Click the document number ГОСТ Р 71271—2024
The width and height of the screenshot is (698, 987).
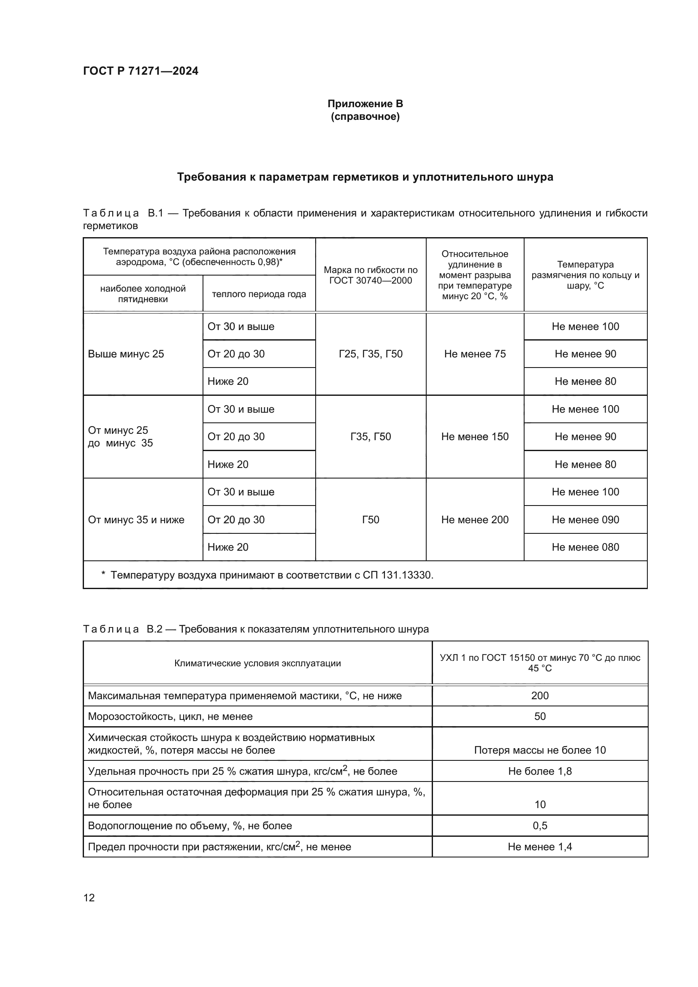[x=141, y=71]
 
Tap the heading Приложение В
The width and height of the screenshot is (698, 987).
[x=365, y=104]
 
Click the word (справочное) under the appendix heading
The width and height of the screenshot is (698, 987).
[x=365, y=117]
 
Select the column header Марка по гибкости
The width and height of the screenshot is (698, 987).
[x=371, y=275]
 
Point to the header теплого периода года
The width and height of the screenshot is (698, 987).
[x=259, y=294]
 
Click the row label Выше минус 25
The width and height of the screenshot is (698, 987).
[x=126, y=354]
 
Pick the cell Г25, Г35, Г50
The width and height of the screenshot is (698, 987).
[x=371, y=354]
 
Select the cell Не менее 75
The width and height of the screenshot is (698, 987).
[x=474, y=354]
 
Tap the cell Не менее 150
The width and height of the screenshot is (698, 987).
[x=474, y=437]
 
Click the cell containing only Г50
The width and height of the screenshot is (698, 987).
[x=371, y=520]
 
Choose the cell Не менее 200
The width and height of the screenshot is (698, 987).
[x=474, y=520]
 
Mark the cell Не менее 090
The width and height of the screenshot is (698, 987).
[x=585, y=520]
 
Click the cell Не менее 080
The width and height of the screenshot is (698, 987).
[x=585, y=547]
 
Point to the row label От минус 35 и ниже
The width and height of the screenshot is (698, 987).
[x=136, y=520]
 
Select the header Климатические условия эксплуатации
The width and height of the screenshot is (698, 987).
[x=257, y=663]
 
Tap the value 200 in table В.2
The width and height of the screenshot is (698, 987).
[x=539, y=695]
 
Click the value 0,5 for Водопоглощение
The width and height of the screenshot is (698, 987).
[x=539, y=825]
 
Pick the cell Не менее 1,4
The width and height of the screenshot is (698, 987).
[x=539, y=847]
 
